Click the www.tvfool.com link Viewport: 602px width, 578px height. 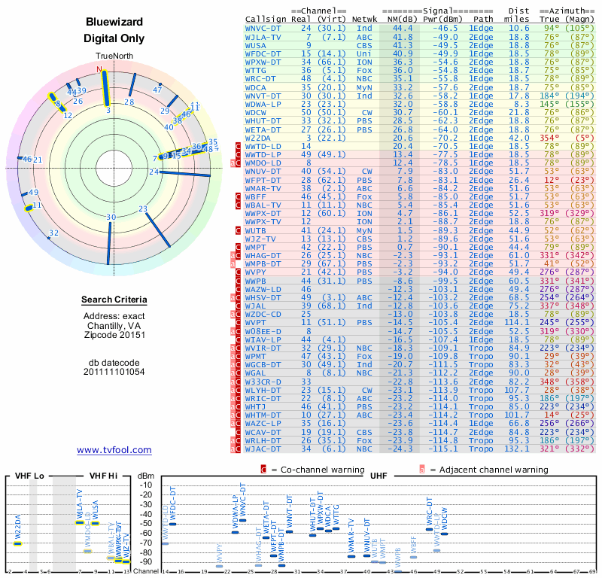[114, 450]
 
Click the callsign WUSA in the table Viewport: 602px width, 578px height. [257, 45]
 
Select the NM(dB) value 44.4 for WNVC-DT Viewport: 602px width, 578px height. [397, 28]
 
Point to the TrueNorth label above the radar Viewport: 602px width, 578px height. [114, 57]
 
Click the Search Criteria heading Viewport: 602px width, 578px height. [114, 300]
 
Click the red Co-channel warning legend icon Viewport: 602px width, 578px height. [263, 470]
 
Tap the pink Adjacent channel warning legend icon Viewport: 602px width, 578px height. [422, 470]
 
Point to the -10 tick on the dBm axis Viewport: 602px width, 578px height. [146, 484]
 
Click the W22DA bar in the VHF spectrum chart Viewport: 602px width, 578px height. [18, 543]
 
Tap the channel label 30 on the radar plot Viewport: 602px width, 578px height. [111, 218]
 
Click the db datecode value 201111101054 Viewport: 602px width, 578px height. [114, 372]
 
